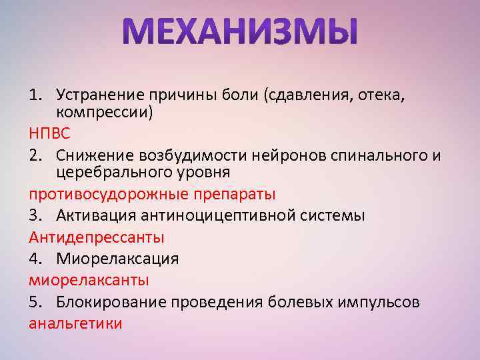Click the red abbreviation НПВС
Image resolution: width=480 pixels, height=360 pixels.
point(49,134)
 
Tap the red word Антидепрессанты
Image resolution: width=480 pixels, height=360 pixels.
point(97,237)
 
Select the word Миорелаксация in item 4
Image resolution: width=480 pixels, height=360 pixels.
point(117,258)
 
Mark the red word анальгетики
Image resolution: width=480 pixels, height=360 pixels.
point(75,323)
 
